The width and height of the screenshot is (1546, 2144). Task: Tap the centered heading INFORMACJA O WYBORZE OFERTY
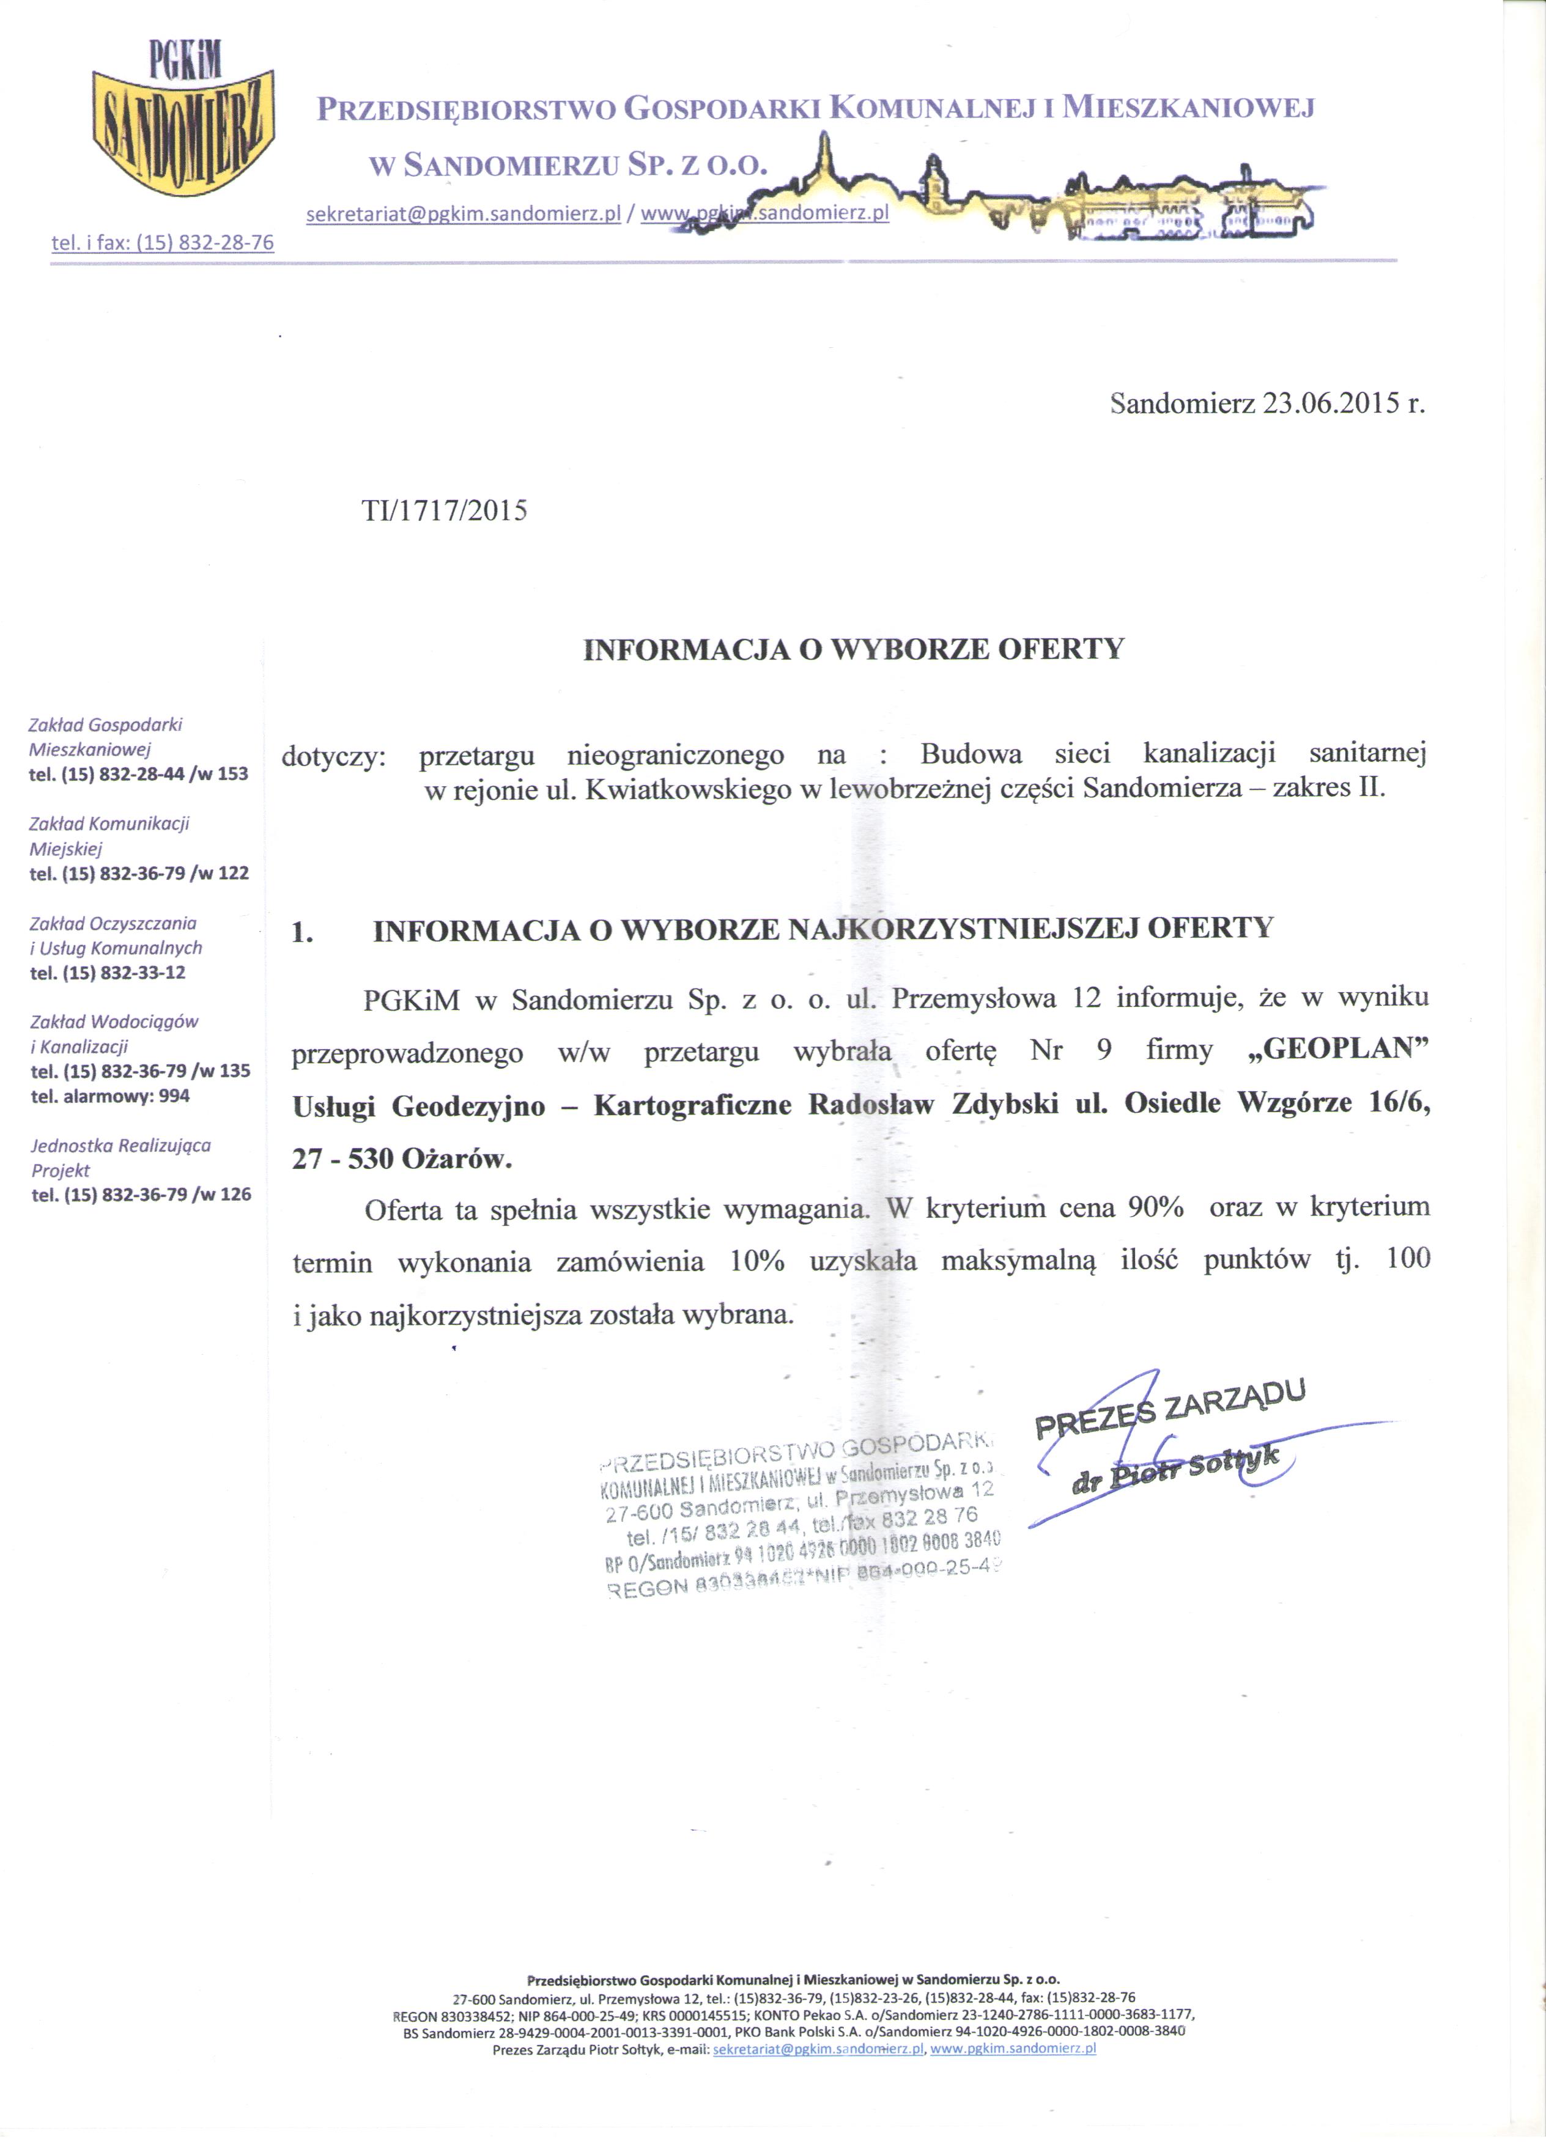coord(854,649)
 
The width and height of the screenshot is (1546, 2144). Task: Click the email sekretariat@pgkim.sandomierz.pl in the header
coord(464,215)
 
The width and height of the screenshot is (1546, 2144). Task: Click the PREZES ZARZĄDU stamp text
coord(1171,1409)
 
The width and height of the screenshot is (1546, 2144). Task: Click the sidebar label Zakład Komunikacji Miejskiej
coord(109,836)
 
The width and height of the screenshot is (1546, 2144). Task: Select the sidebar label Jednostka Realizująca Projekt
coord(120,1157)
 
